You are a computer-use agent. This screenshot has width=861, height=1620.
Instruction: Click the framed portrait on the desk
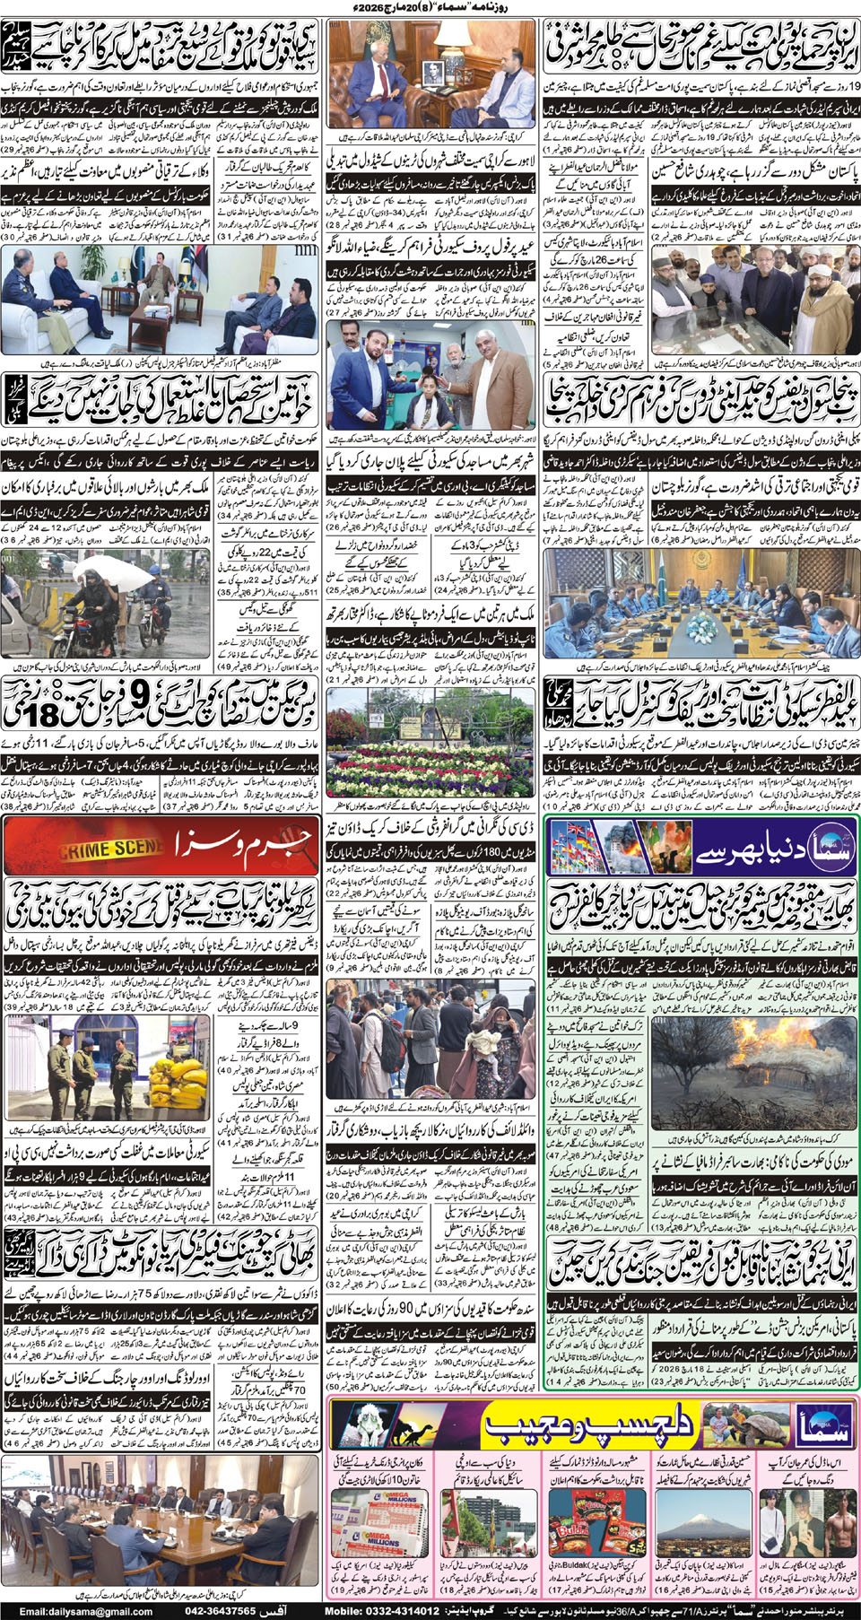pos(434,71)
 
